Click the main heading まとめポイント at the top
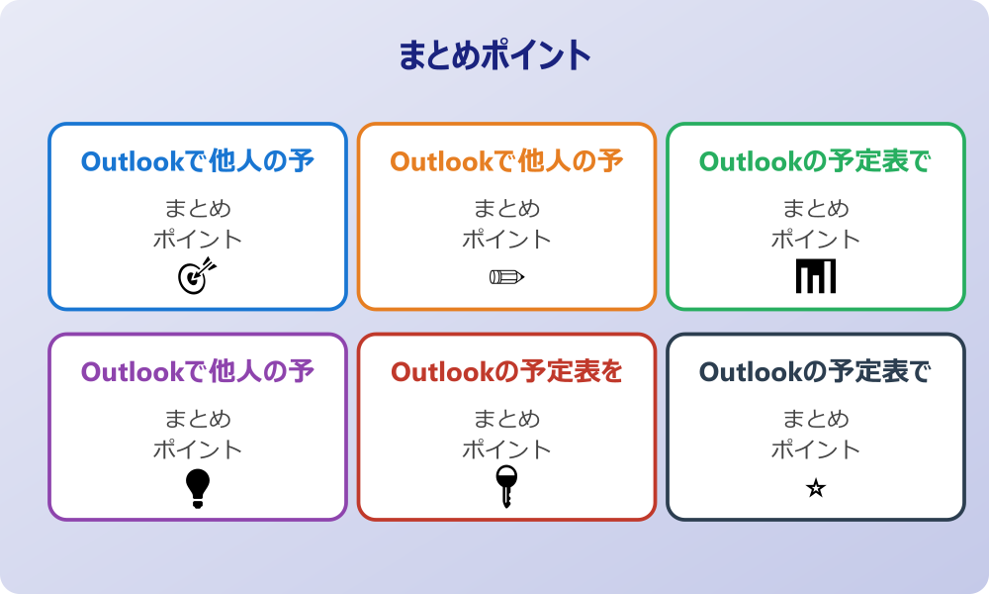pos(494,55)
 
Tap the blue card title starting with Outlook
pos(198,161)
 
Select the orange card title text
pos(506,161)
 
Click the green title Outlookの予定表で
pos(816,161)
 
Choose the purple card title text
pos(198,372)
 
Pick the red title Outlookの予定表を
pos(506,372)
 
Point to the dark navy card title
pos(816,372)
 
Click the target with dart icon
pos(197,276)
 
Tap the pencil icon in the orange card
pos(506,276)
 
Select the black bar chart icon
pos(816,276)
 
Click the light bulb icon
pos(198,488)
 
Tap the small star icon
pos(816,488)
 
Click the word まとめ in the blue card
pos(198,209)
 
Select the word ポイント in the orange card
pos(506,240)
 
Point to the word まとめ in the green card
pos(816,209)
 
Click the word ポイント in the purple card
pos(198,450)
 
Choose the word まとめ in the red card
pos(506,420)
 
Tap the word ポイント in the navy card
pos(816,450)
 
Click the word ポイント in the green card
pos(816,240)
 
